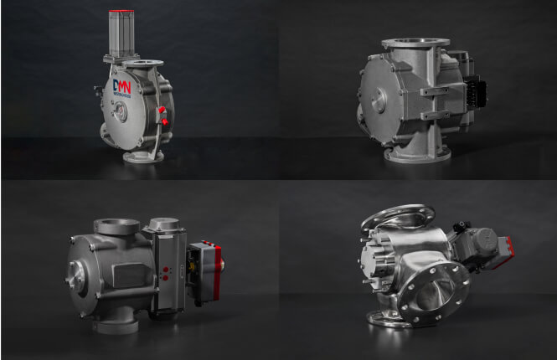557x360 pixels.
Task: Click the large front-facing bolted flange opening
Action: tap(434, 290)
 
